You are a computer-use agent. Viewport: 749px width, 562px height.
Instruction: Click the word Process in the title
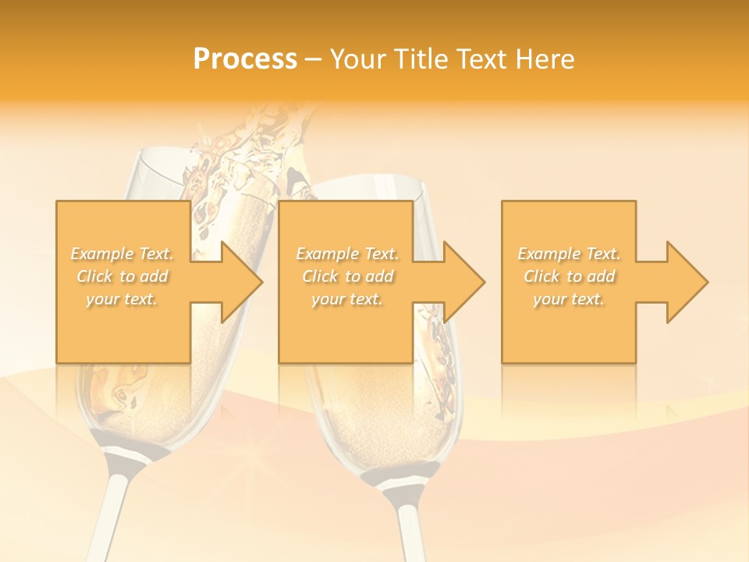pyautogui.click(x=245, y=59)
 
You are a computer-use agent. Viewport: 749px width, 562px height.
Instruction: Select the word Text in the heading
pyautogui.click(x=481, y=59)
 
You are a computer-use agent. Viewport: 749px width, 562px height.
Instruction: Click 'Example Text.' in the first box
pyautogui.click(x=122, y=254)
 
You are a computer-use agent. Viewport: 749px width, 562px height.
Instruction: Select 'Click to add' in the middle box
pyautogui.click(x=347, y=276)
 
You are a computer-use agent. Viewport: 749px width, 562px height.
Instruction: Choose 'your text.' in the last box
pyautogui.click(x=569, y=299)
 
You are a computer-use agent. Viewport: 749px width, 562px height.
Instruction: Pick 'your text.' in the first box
pyautogui.click(x=122, y=299)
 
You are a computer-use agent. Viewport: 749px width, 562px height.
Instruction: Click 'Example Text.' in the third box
pyautogui.click(x=569, y=254)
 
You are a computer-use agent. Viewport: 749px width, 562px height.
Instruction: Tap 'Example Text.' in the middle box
pyautogui.click(x=347, y=254)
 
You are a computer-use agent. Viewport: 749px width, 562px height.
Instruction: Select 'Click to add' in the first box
pyautogui.click(x=122, y=276)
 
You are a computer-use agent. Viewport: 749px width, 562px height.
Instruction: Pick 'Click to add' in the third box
pyautogui.click(x=569, y=276)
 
